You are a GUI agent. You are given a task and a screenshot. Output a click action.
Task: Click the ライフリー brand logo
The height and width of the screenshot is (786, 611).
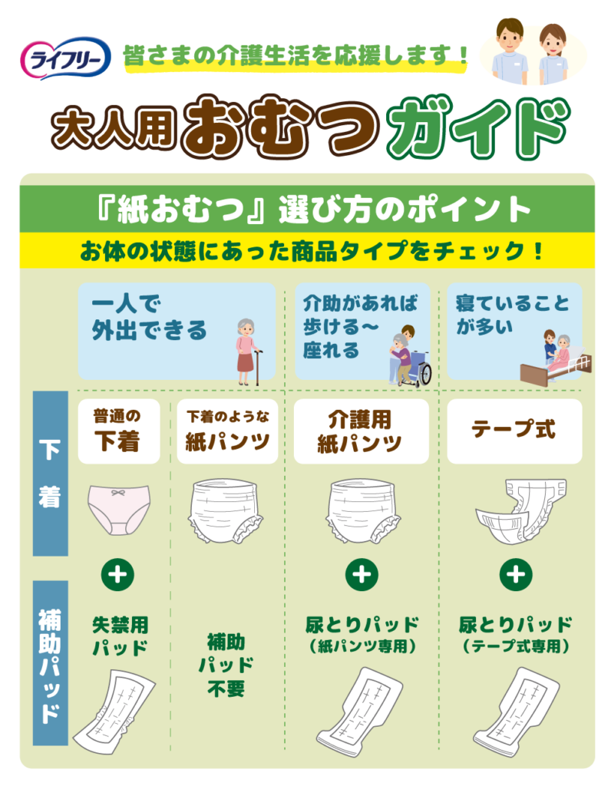(65, 58)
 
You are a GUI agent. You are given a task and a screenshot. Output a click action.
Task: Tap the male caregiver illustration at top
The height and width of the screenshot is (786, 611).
(509, 51)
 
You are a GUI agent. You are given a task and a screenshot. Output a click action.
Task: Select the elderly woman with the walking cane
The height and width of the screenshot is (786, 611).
(248, 352)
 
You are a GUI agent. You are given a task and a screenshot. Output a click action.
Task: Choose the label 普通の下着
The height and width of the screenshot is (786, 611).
(119, 431)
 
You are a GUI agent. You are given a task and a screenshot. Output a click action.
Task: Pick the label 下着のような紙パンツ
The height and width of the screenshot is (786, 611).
(227, 431)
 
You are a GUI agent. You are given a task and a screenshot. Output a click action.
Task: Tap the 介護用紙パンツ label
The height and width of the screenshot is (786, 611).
(361, 431)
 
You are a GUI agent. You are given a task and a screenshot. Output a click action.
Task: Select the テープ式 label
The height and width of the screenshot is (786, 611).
(514, 431)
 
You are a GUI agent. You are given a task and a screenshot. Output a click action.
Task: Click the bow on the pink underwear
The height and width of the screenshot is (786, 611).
(118, 494)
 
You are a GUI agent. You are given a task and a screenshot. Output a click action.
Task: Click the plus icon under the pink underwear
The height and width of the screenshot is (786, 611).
(117, 574)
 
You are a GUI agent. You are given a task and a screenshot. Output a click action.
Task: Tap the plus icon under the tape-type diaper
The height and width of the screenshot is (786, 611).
(516, 574)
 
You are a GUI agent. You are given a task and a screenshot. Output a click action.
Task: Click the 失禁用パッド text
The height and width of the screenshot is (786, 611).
(121, 636)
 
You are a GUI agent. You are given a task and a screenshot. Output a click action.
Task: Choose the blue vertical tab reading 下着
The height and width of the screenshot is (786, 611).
(50, 474)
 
